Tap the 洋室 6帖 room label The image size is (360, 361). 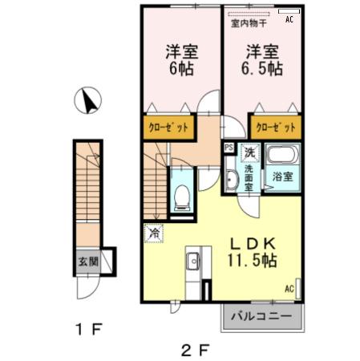pos(182,59)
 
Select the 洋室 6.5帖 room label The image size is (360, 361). pos(263,59)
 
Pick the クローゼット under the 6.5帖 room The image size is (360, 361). pos(276,127)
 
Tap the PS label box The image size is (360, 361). pos(229,148)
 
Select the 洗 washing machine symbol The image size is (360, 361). pos(249,150)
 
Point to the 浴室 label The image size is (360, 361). pos(281,176)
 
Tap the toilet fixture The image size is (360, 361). pos(182,193)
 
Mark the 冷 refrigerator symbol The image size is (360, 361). pos(152,233)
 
